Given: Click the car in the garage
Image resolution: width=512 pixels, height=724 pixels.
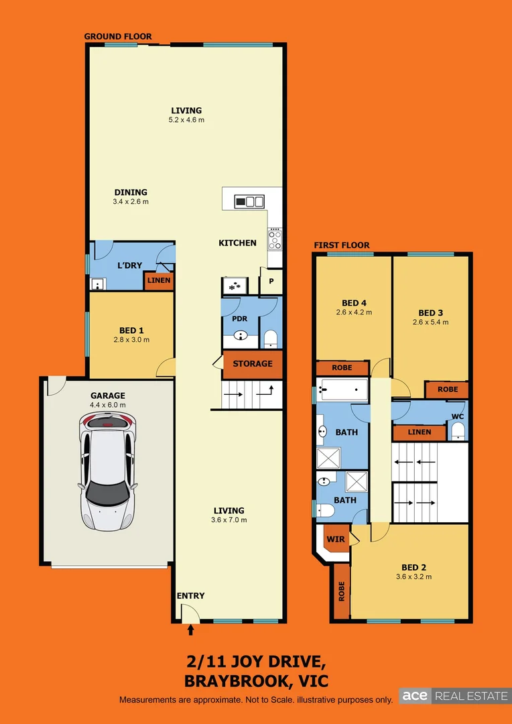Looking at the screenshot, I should pyautogui.click(x=108, y=470).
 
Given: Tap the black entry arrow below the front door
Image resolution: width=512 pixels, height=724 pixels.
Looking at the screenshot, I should pyautogui.click(x=190, y=629).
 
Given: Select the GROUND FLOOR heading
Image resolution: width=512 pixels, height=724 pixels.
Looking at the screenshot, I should pyautogui.click(x=118, y=36).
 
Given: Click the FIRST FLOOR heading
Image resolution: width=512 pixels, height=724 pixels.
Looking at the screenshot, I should pyautogui.click(x=342, y=245).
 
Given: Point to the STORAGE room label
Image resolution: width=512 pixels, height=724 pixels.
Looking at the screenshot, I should pyautogui.click(x=253, y=363).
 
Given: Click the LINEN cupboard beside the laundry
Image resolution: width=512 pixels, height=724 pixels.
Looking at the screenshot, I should pyautogui.click(x=159, y=280).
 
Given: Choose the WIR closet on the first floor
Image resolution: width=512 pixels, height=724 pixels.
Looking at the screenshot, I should pyautogui.click(x=334, y=538).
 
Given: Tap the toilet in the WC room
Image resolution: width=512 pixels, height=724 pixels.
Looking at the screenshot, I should pyautogui.click(x=458, y=431).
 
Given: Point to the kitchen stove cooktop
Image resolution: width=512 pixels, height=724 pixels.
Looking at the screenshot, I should pyautogui.click(x=275, y=239).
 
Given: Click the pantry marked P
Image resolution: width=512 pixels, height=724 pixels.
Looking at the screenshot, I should pyautogui.click(x=271, y=281).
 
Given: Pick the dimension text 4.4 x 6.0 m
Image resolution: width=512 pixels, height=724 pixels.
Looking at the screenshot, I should pyautogui.click(x=109, y=405).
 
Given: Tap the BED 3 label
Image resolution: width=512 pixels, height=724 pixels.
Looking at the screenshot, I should pyautogui.click(x=431, y=312).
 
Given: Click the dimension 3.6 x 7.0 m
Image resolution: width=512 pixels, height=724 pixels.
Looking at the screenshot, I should pyautogui.click(x=230, y=520).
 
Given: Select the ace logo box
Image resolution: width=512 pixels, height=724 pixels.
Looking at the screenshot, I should pyautogui.click(x=415, y=696).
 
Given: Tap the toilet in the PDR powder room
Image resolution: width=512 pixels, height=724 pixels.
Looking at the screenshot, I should pyautogui.click(x=271, y=338).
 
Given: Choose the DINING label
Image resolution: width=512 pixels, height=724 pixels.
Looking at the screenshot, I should pyautogui.click(x=131, y=192).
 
